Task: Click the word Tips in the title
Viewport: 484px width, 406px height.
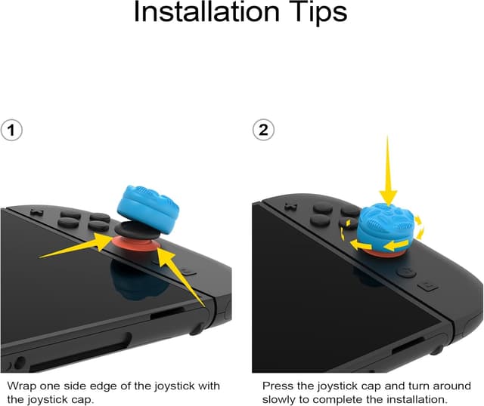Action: tap(315, 13)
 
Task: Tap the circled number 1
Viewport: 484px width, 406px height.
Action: tap(11, 130)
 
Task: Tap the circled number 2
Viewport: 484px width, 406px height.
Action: tap(263, 130)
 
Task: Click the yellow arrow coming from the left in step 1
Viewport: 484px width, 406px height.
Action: tap(76, 247)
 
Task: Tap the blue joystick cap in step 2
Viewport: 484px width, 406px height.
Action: tap(386, 226)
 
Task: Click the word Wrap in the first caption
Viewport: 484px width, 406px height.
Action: tap(21, 386)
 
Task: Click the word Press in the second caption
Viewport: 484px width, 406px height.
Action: tap(277, 386)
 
